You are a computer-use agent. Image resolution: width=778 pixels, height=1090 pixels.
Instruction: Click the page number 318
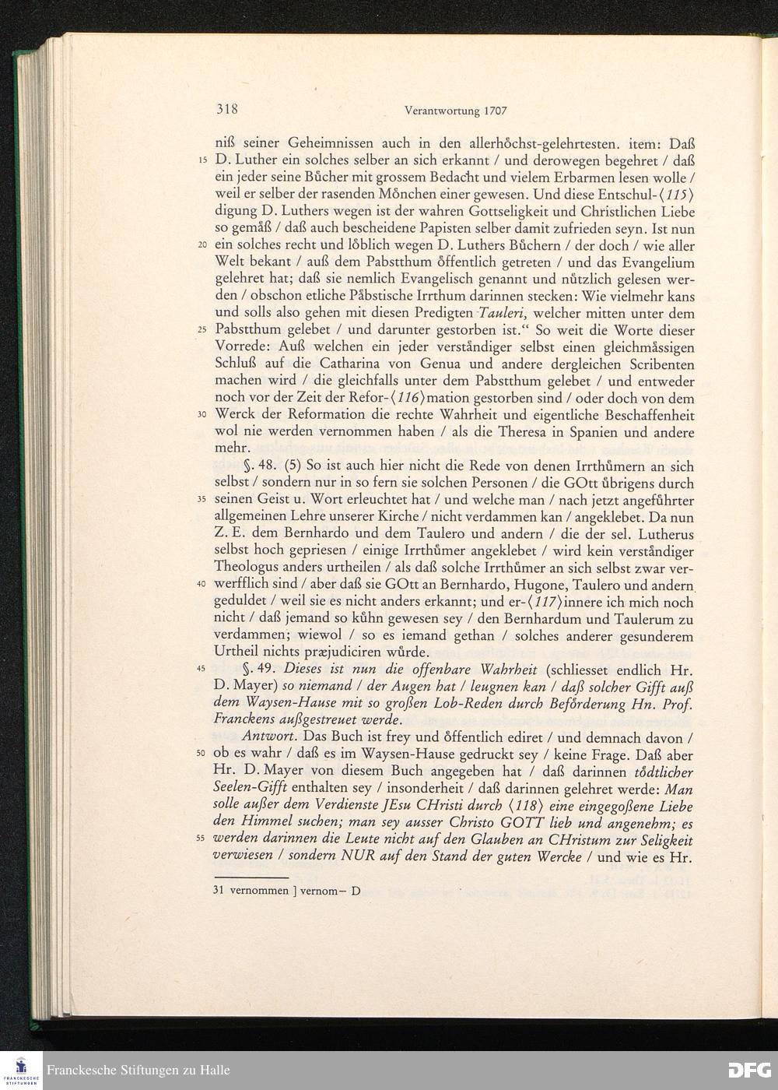coord(226,109)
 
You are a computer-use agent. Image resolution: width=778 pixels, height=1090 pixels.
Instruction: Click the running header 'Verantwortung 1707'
coord(456,111)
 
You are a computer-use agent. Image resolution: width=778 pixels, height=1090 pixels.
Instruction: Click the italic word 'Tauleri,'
coord(504,314)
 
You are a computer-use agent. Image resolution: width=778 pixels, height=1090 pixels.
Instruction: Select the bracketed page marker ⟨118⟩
coord(545,807)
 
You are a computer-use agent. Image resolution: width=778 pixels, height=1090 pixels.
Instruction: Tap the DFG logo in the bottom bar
coord(748,1070)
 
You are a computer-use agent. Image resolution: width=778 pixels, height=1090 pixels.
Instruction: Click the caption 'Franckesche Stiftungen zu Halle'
coord(138,1070)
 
